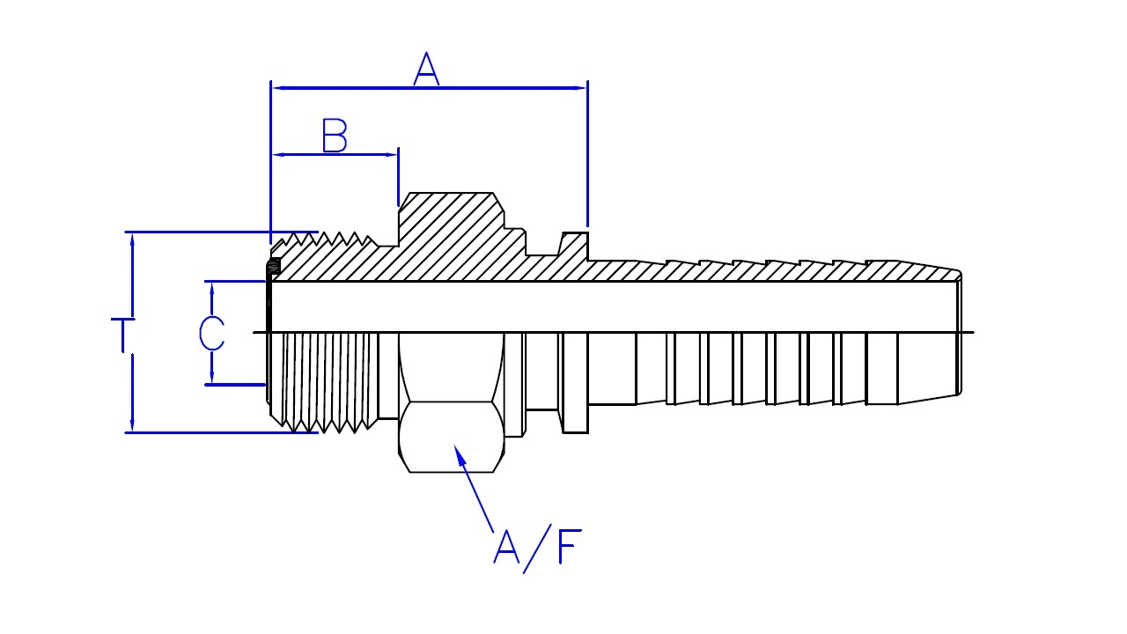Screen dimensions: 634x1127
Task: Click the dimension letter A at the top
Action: point(426,70)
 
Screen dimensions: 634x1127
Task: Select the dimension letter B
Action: point(335,137)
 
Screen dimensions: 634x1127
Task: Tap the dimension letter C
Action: point(211,333)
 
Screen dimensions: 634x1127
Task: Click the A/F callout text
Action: point(537,547)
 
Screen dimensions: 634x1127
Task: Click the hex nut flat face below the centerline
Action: point(452,437)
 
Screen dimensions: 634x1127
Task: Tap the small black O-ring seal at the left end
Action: point(274,266)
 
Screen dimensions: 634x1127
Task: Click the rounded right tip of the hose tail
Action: point(958,333)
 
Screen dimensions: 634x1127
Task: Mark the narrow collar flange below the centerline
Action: point(575,383)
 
